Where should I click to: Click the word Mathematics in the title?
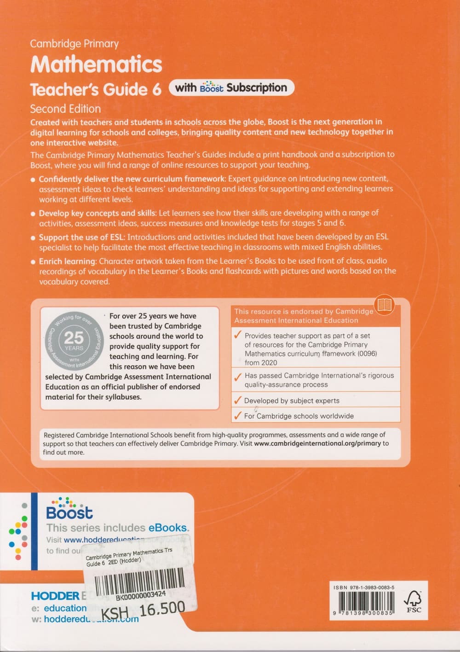coord(96,64)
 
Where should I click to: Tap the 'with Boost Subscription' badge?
coord(231,87)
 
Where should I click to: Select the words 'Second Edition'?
coord(65,109)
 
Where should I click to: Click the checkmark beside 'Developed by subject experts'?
coord(237,400)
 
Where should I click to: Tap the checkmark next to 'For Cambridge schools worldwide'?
coord(237,416)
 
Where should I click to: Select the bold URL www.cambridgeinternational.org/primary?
coord(317,443)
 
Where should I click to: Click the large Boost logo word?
coord(69,512)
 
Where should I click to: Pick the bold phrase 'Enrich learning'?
coord(67,261)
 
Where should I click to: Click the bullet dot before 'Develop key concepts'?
coord(33,214)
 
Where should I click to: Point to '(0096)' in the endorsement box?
coord(367,354)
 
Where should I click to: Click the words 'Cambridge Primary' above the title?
coord(74,44)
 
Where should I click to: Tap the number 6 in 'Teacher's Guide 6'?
coord(156,89)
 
